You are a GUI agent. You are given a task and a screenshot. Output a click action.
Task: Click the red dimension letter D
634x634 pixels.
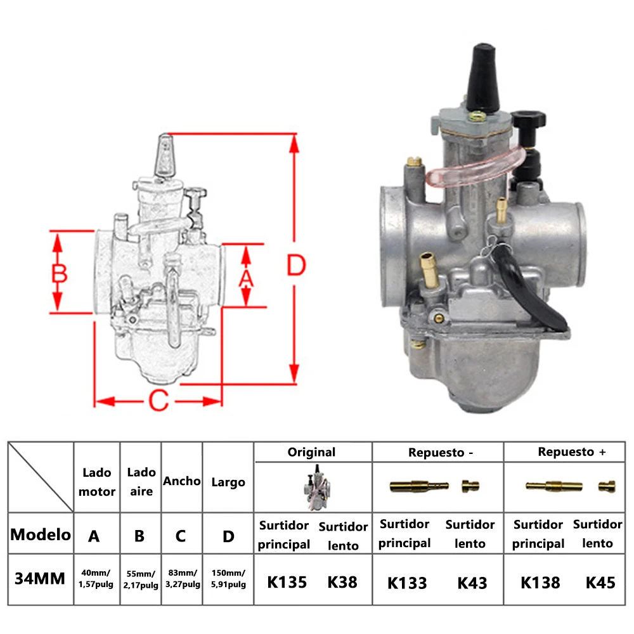pos(295,266)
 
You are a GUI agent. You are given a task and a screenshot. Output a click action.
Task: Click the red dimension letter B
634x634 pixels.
pos(59,273)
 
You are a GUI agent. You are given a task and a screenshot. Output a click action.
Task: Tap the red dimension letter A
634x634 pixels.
pos(245,277)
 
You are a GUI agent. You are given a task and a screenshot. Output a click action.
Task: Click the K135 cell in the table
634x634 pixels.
pos(287,582)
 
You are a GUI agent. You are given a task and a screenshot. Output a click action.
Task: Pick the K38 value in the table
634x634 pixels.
pos(343,582)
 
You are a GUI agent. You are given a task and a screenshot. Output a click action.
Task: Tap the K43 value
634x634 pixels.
pos(472,583)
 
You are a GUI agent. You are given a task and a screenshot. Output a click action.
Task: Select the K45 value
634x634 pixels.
pos(600,583)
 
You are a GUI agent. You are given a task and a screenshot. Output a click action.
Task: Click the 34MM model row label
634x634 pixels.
pos(40,579)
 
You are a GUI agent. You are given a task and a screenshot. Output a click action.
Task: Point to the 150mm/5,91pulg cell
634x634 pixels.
pos(228,579)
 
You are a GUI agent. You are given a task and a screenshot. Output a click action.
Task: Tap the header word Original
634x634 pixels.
pos(311,452)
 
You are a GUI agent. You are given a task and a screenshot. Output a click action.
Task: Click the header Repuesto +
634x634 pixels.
pos(572,452)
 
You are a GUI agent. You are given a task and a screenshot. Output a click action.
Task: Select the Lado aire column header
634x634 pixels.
pos(141,481)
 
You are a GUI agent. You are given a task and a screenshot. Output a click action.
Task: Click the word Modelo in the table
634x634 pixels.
pos(41,534)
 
